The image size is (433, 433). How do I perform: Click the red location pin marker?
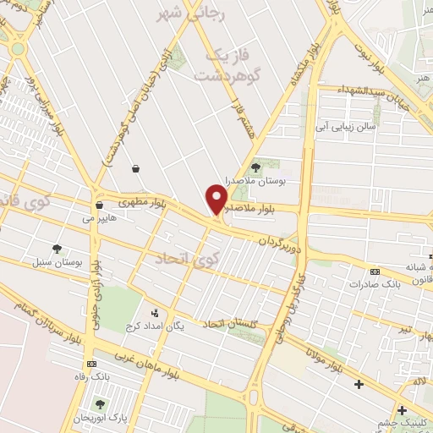click(216, 200)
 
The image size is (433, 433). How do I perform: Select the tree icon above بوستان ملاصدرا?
click(256, 167)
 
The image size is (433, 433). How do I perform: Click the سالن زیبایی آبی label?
click(346, 127)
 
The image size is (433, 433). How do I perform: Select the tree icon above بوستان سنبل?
click(57, 249)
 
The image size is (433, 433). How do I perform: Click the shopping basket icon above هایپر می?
click(99, 205)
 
